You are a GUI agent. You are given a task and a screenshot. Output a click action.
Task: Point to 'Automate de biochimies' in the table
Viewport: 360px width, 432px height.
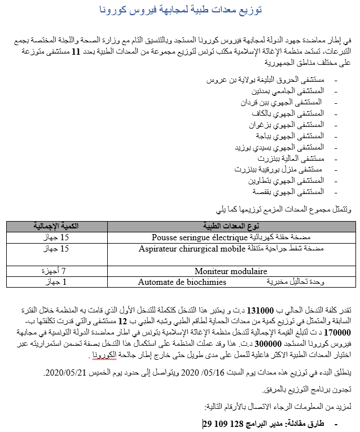click(x=182, y=282)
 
